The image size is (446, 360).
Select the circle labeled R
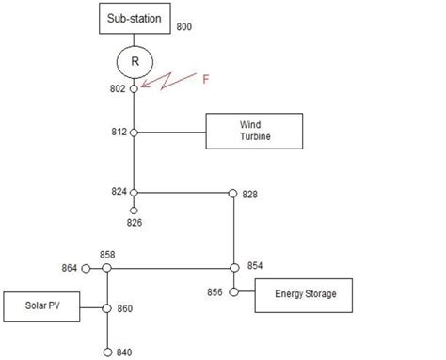(x=135, y=63)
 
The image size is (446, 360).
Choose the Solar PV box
(x=40, y=308)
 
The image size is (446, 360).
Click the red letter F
(x=206, y=80)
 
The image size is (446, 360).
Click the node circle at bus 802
(x=134, y=88)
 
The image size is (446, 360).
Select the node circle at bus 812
(x=134, y=133)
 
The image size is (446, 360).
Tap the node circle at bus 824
(x=134, y=192)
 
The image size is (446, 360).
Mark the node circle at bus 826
(x=134, y=211)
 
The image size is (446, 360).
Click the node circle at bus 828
(x=232, y=193)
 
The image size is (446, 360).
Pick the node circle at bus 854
(x=232, y=268)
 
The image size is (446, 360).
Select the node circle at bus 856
(x=232, y=292)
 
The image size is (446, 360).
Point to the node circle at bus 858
(x=107, y=268)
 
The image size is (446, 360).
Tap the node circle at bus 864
(x=87, y=268)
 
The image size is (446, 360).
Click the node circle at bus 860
(x=107, y=308)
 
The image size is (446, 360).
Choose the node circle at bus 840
(x=107, y=352)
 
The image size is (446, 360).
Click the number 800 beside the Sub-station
(x=183, y=27)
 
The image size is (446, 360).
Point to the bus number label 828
(x=249, y=195)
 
